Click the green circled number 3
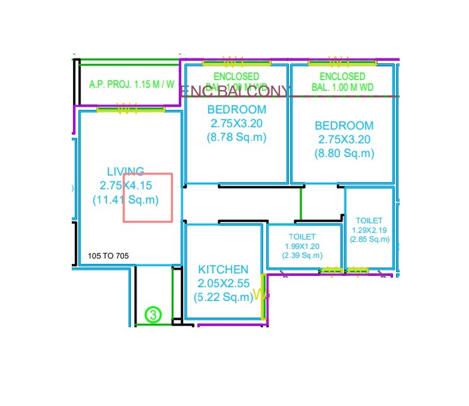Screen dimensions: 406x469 (x=153, y=314)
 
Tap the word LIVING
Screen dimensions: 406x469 (x=125, y=171)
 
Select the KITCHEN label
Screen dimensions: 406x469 (x=223, y=270)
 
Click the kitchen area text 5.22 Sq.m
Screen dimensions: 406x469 (x=223, y=297)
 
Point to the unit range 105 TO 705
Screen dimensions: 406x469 (x=109, y=256)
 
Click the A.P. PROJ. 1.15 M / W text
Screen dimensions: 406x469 (x=132, y=84)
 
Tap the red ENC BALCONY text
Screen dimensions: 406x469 (x=235, y=92)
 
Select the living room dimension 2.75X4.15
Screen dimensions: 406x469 (x=126, y=185)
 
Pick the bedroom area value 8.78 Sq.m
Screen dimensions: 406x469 (x=236, y=137)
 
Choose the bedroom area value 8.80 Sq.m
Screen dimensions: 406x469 (x=344, y=153)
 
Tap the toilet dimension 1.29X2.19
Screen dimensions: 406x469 (x=369, y=230)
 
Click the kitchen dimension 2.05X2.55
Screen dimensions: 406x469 (x=223, y=283)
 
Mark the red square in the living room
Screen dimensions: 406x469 (x=147, y=197)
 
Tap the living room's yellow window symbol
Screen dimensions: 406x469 (x=130, y=109)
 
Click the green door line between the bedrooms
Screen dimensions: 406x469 (x=301, y=203)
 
